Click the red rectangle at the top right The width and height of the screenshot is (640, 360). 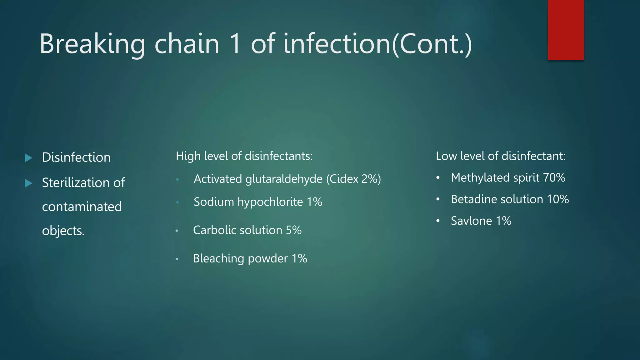pyautogui.click(x=566, y=30)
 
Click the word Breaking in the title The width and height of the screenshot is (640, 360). pyautogui.click(x=92, y=44)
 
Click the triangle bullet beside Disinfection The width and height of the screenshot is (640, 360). pyautogui.click(x=28, y=158)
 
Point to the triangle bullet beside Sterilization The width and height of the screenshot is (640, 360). pyautogui.click(x=28, y=183)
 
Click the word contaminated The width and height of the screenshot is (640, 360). pyautogui.click(x=82, y=207)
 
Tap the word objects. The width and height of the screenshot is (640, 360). pyautogui.click(x=63, y=231)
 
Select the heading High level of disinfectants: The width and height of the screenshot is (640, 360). pyautogui.click(x=244, y=156)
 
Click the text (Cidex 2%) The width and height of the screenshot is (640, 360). pyautogui.click(x=353, y=179)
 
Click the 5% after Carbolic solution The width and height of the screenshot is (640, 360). pyautogui.click(x=294, y=230)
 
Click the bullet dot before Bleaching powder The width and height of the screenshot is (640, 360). pyautogui.click(x=177, y=259)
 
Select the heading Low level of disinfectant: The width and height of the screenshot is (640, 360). pyautogui.click(x=501, y=156)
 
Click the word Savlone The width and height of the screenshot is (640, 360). pyautogui.click(x=471, y=221)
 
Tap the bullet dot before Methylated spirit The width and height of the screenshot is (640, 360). pyautogui.click(x=438, y=178)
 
